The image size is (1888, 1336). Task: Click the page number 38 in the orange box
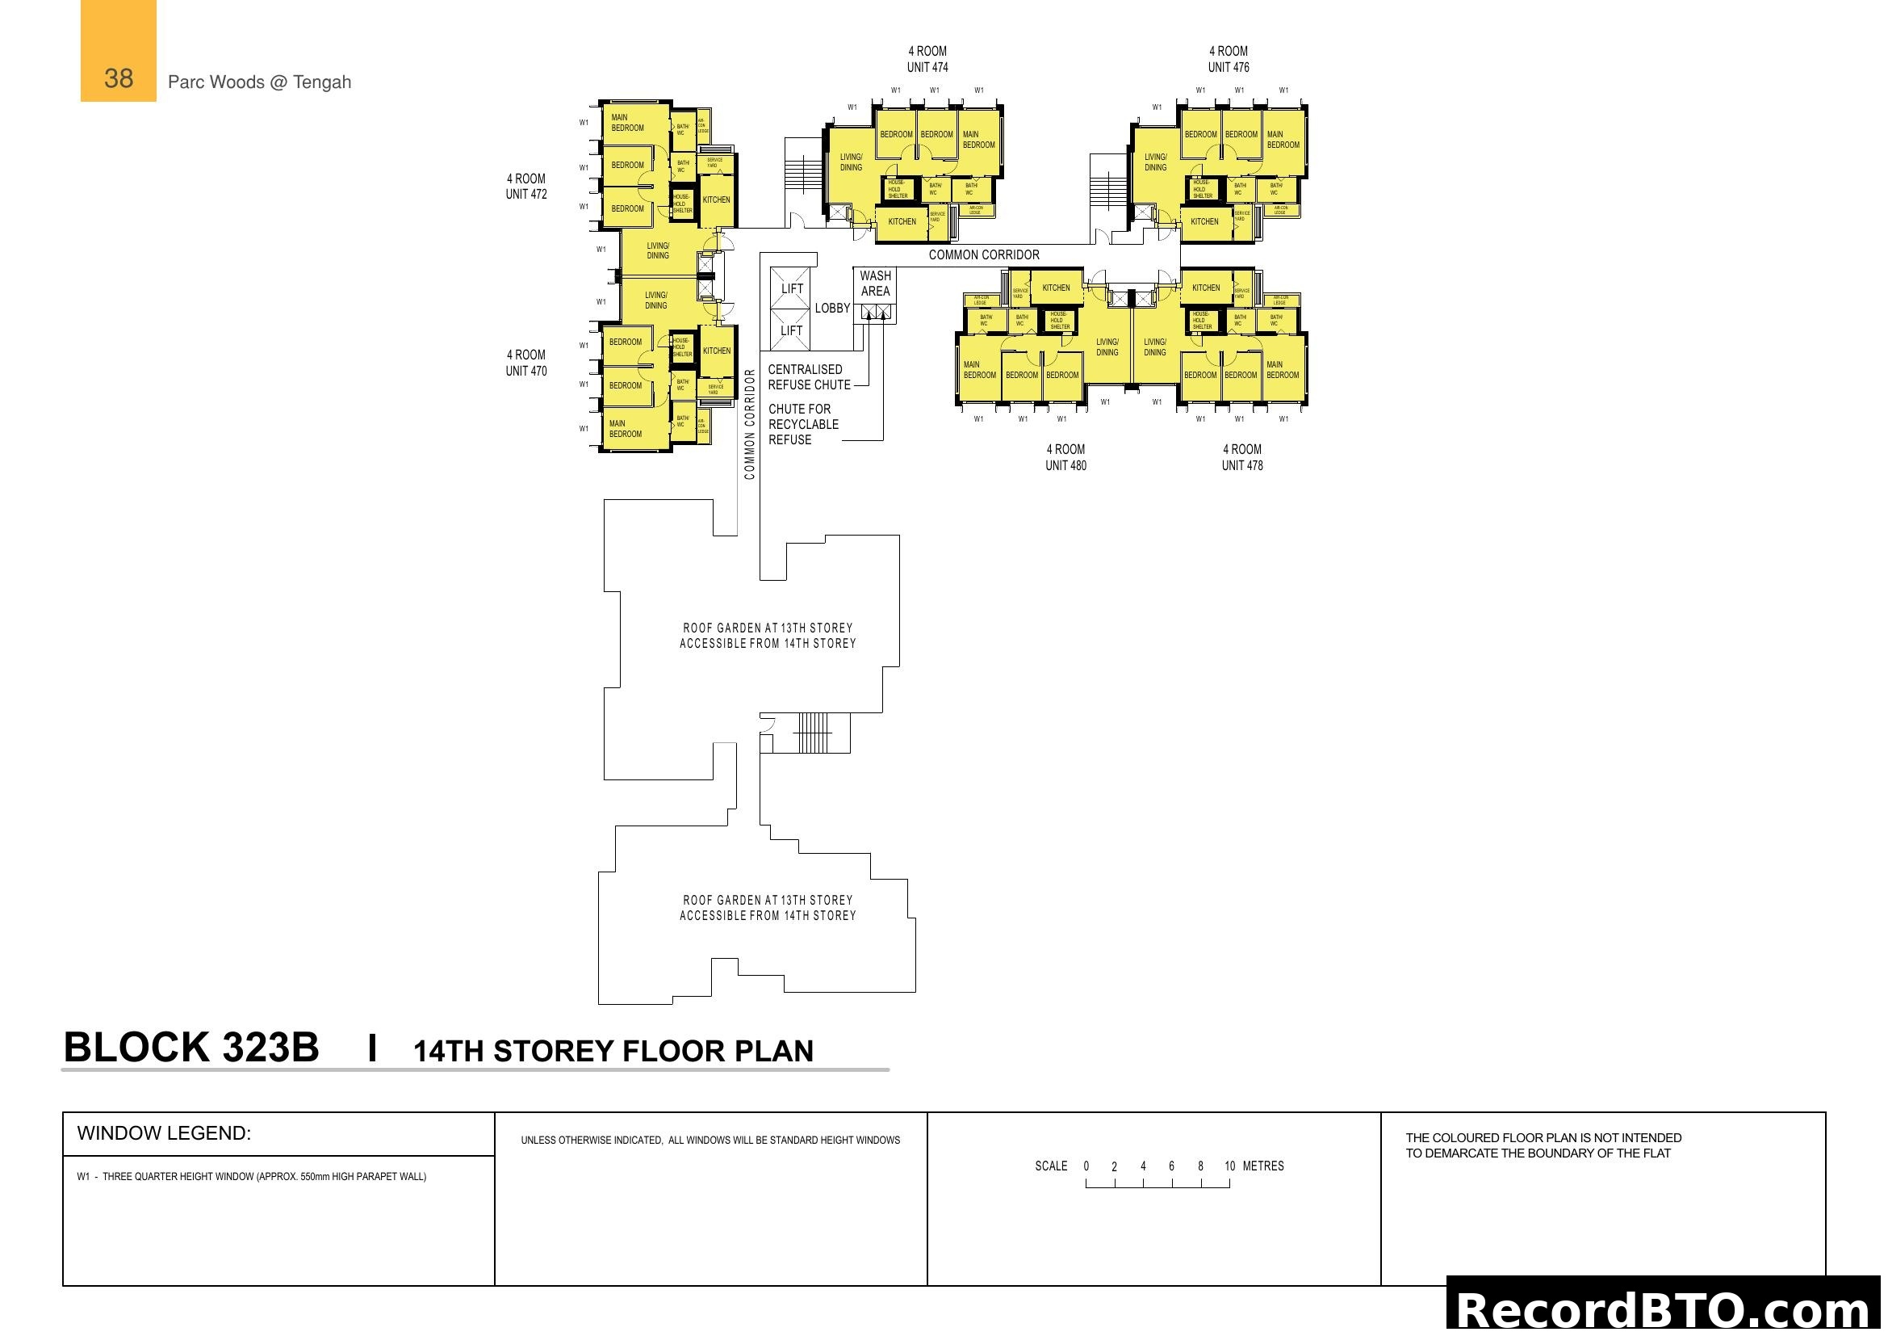(119, 79)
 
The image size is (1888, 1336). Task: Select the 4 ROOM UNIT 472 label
(525, 187)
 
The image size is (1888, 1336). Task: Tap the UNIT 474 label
(927, 68)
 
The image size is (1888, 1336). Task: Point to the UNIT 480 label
(1065, 465)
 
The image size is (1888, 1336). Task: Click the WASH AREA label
(875, 284)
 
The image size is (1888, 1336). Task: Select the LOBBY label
(832, 309)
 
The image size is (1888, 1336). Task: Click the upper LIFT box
(791, 288)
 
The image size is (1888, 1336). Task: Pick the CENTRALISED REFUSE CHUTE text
(808, 377)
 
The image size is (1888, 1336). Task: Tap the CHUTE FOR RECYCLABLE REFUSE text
(802, 425)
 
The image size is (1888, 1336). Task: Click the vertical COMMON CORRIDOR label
(749, 424)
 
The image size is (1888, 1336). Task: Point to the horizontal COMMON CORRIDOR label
(983, 255)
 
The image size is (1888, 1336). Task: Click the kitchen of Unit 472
(716, 200)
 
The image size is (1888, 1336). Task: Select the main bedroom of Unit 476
(1283, 140)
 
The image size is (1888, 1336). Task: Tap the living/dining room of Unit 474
(850, 162)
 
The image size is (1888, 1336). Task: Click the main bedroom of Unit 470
(626, 429)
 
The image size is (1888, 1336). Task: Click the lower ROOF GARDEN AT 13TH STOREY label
(767, 907)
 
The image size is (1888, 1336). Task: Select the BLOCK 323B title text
(190, 1048)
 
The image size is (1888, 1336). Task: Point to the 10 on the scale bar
(1229, 1166)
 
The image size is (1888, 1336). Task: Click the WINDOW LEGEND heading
(164, 1133)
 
